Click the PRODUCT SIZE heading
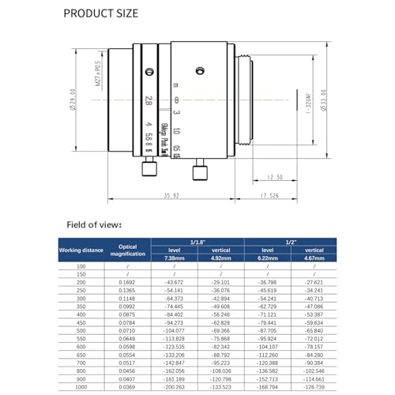click(100, 13)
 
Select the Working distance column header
click(80, 250)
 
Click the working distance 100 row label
click(80, 267)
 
